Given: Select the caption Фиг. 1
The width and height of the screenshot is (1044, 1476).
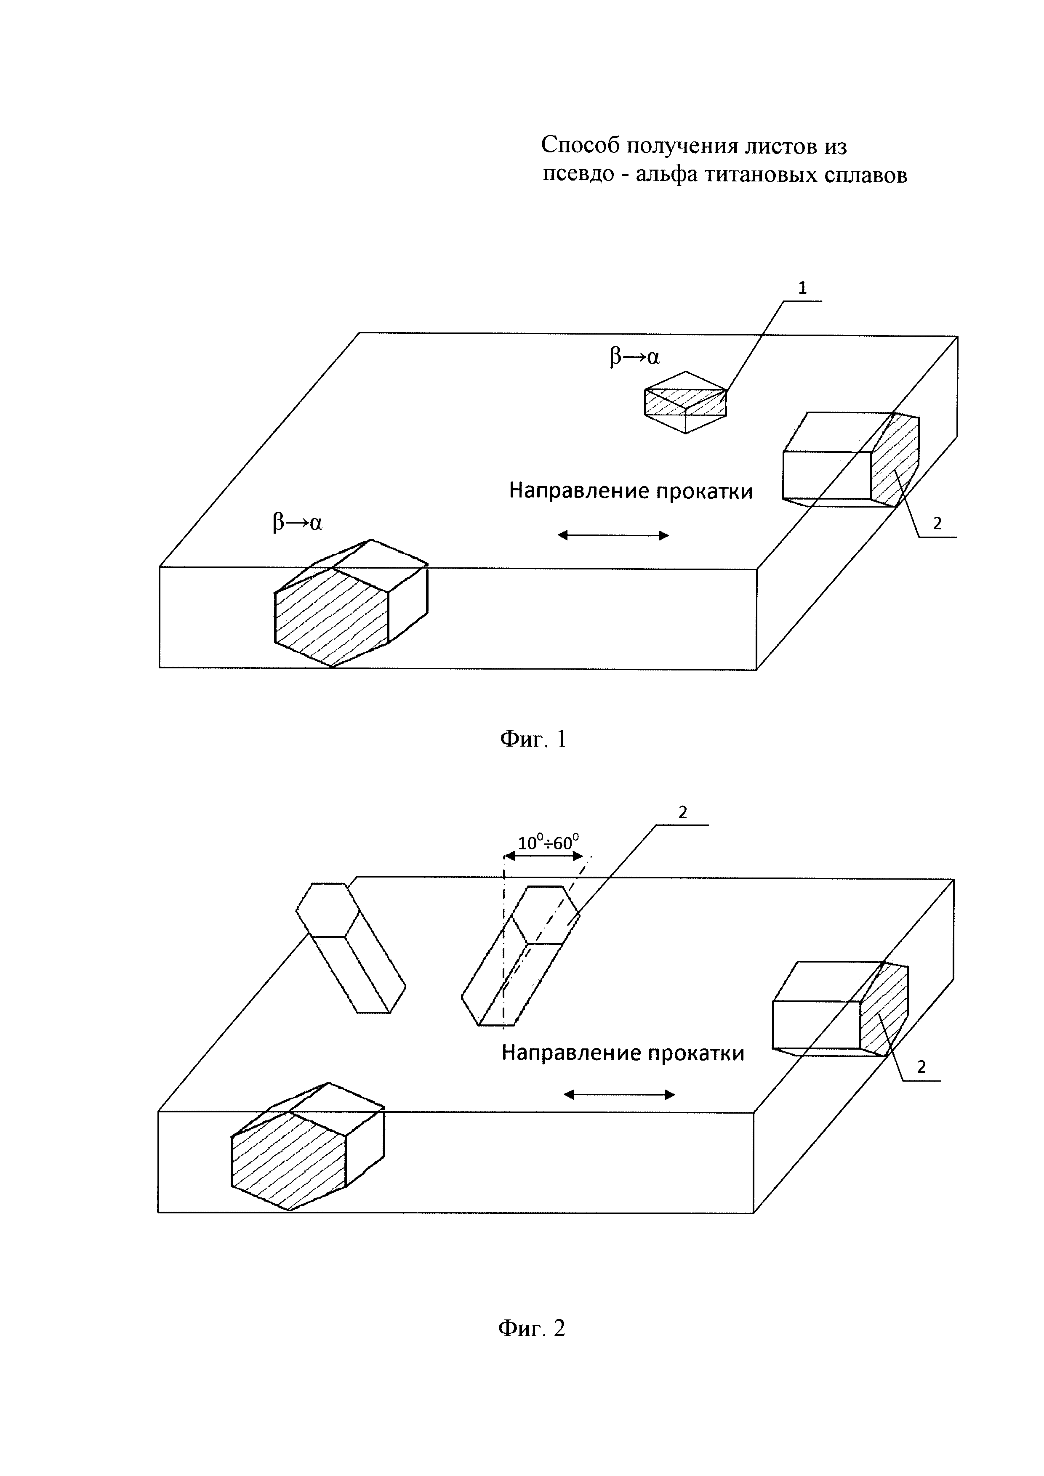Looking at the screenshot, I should (533, 739).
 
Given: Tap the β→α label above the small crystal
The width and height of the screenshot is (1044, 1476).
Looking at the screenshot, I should (634, 357).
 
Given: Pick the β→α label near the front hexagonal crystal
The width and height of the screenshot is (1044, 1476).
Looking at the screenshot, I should (297, 523).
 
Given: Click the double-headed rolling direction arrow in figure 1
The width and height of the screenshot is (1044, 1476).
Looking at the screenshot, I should (613, 535).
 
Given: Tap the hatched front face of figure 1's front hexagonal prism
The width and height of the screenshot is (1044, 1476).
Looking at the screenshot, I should (331, 616).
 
